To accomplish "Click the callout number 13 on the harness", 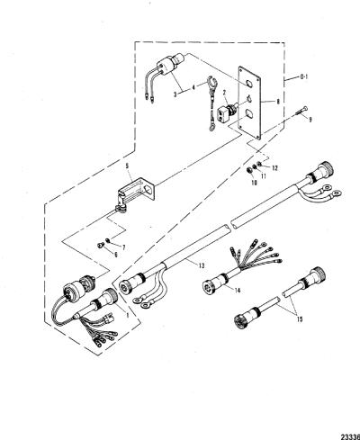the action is (201, 265).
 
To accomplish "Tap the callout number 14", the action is (238, 291).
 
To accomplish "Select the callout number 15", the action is (299, 319).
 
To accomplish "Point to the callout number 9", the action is (310, 120).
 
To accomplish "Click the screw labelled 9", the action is (301, 112).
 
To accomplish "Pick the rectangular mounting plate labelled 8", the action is (249, 103).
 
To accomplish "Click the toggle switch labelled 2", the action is (228, 112).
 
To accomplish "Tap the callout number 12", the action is (274, 168).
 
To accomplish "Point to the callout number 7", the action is (123, 247).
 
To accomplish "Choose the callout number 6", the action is (115, 255).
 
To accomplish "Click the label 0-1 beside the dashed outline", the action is (304, 76).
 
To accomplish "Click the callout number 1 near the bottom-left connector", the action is (128, 315).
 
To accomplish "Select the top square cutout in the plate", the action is (249, 84).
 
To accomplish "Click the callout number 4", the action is (193, 87).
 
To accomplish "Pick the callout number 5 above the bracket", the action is (127, 173).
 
